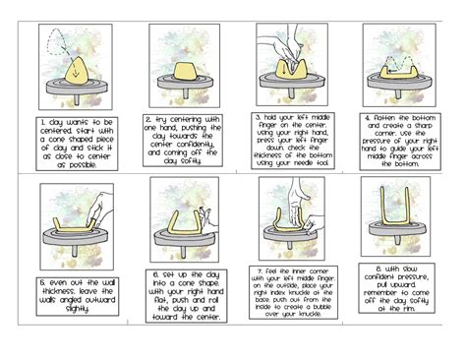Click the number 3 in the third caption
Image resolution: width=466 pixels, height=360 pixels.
click(256, 115)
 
